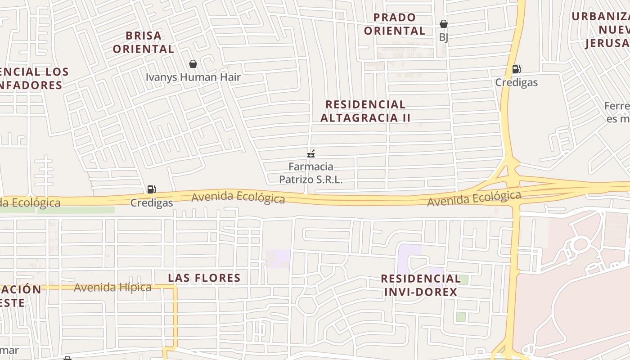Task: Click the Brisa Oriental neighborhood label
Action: pyautogui.click(x=144, y=42)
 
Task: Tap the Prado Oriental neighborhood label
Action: pyautogui.click(x=395, y=24)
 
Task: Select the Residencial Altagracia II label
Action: pyautogui.click(x=365, y=111)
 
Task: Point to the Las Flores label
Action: pyautogui.click(x=204, y=278)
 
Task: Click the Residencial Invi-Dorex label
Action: pyautogui.click(x=421, y=285)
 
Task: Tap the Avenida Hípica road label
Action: pyautogui.click(x=112, y=287)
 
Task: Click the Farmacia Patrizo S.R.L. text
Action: pyautogui.click(x=310, y=173)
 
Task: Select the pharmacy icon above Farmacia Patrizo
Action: pyautogui.click(x=310, y=154)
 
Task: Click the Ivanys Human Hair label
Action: pyautogui.click(x=193, y=77)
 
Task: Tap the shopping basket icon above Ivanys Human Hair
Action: pyautogui.click(x=193, y=64)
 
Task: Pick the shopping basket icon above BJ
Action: pyautogui.click(x=444, y=24)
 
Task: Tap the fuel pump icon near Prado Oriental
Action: pyautogui.click(x=516, y=69)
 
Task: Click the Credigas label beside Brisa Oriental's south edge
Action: pyautogui.click(x=152, y=203)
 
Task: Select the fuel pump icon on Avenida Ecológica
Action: pyautogui.click(x=152, y=190)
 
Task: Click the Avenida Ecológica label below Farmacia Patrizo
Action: pyautogui.click(x=238, y=198)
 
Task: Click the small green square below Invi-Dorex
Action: pyautogui.click(x=461, y=317)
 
